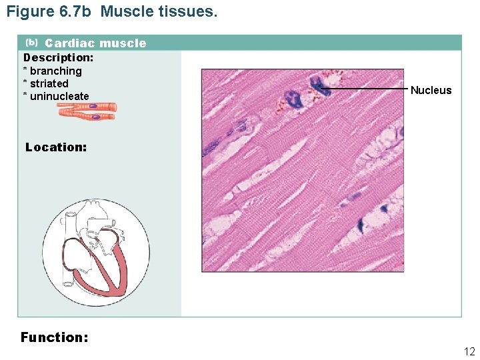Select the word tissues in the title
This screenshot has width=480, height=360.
coord(189,11)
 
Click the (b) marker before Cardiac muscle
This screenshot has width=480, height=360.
coord(31,43)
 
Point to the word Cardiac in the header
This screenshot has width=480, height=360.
coord(69,43)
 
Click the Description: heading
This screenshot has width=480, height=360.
coord(59,57)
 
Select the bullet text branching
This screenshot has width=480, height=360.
coord(56,71)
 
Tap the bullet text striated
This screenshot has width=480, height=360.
coord(49,83)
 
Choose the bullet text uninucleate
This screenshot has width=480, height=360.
coord(59,96)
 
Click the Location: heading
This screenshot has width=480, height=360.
coord(56,147)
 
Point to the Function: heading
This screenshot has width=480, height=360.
coord(55,337)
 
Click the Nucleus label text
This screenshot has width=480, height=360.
coord(431,90)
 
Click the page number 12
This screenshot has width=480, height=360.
coord(469,351)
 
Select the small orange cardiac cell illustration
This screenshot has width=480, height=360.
coord(87,111)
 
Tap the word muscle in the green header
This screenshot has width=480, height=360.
coord(123,43)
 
